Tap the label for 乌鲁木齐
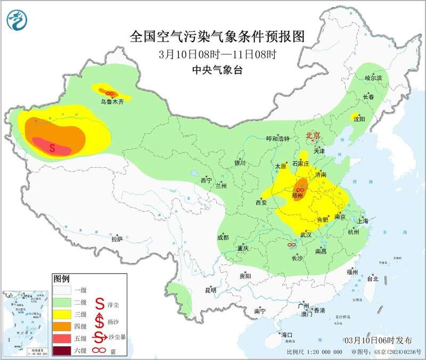pos(112,102)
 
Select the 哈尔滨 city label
pos(373,78)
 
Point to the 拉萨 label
pos(117,239)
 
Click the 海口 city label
pos(287,334)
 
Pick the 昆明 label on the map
pos(211,290)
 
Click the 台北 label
pos(372,278)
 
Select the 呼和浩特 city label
pos(277,138)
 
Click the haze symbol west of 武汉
pos(291,244)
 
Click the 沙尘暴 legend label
pos(118,337)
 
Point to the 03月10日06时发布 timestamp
pos(378,340)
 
